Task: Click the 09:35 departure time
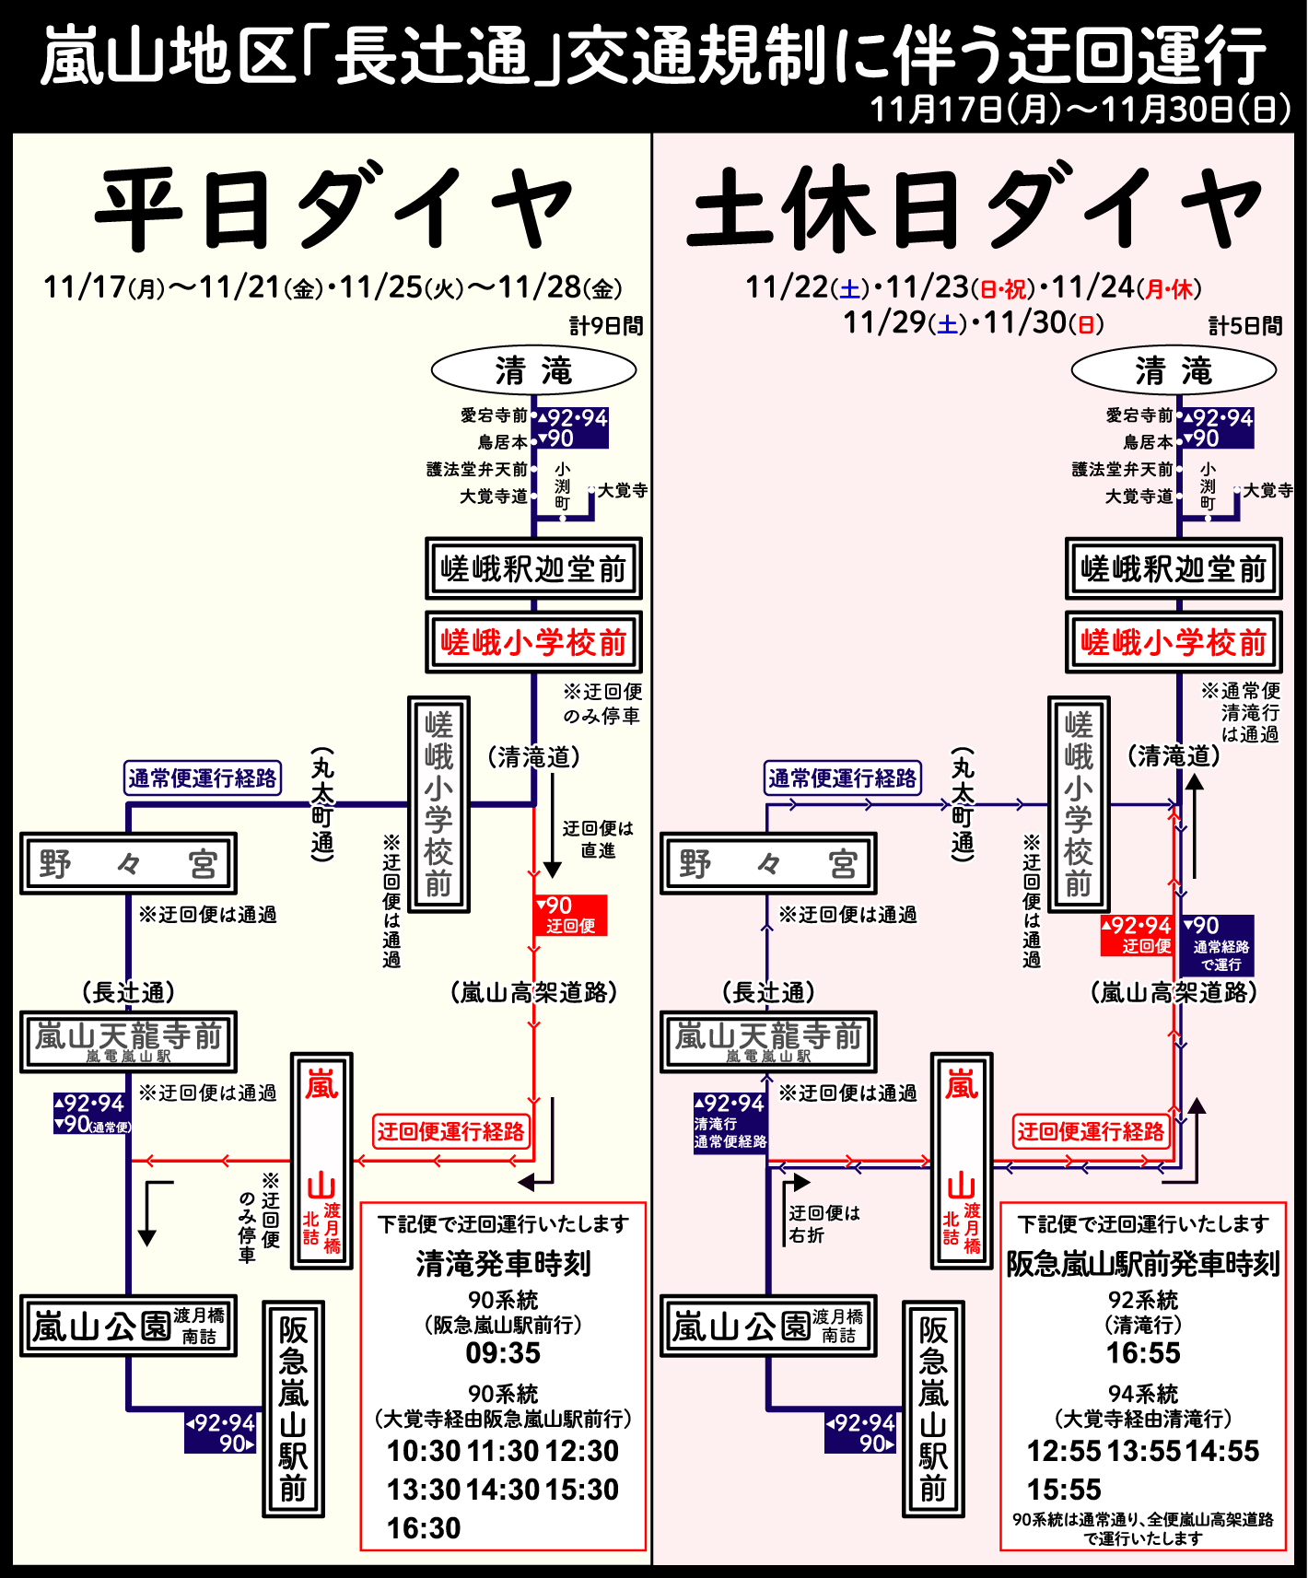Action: coord(502,1353)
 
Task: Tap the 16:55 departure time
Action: coord(1142,1353)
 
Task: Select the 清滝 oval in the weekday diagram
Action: coord(533,371)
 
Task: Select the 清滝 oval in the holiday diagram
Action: coord(1174,371)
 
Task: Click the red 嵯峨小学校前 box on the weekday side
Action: coord(533,642)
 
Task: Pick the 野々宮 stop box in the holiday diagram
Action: coord(768,864)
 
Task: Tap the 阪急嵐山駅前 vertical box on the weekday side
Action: coord(293,1409)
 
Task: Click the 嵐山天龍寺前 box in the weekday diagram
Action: coord(128,1041)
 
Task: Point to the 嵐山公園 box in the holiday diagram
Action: coord(768,1327)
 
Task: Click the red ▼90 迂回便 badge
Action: coord(570,915)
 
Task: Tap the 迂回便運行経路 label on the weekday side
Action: coord(450,1131)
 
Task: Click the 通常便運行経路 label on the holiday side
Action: coord(843,778)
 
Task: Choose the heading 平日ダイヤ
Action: coord(333,209)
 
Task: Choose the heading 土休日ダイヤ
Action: coord(974,209)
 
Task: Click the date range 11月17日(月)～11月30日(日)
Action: coord(1080,110)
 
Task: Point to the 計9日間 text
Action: coord(606,326)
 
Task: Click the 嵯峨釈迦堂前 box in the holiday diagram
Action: coord(1174,568)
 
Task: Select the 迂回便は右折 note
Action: coord(823,1223)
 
